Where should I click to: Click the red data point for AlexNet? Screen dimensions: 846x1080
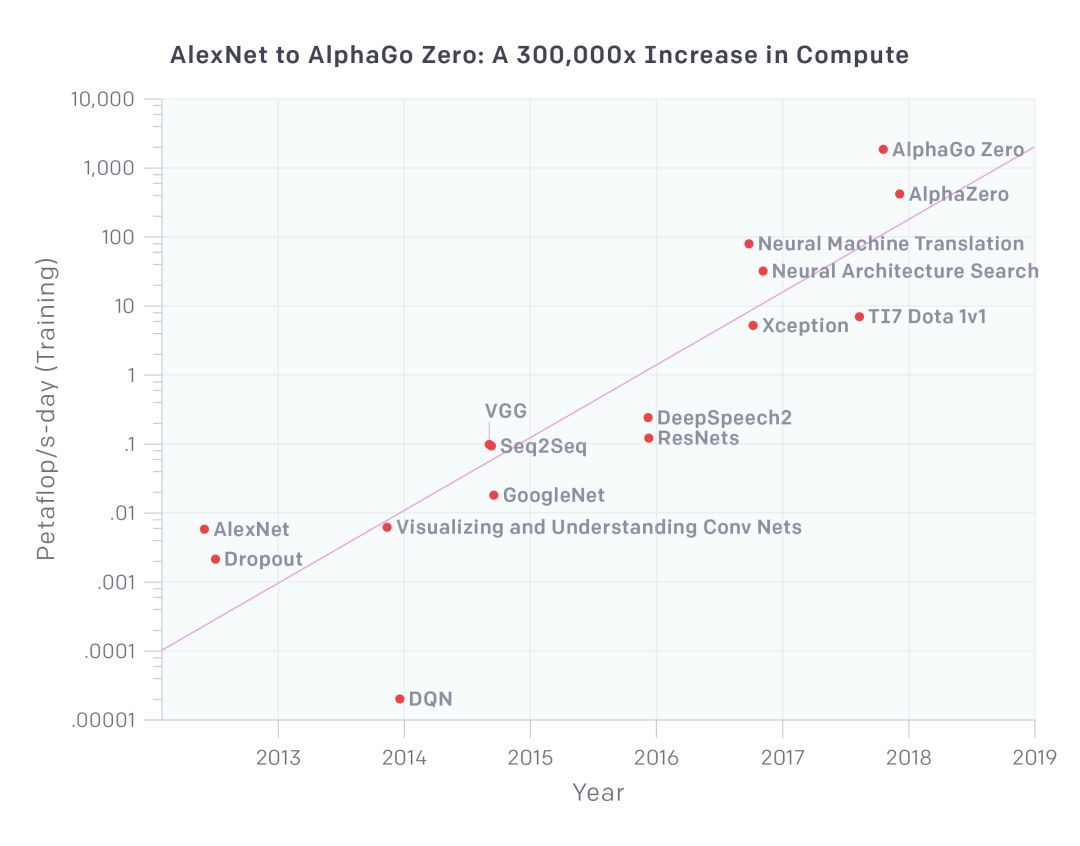[x=204, y=529]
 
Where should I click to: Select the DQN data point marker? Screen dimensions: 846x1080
[x=400, y=699]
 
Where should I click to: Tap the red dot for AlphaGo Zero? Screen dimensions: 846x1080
[x=883, y=150]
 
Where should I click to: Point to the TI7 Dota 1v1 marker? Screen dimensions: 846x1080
[x=859, y=317]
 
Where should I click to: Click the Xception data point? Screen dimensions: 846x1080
[x=753, y=325]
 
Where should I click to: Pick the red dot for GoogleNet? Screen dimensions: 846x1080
[x=494, y=495]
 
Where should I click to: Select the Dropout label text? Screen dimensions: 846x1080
[x=263, y=559]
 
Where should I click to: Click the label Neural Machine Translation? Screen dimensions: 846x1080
[x=890, y=244]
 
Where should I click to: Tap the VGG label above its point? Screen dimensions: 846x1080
[x=505, y=411]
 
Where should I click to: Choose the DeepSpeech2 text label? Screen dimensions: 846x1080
[x=724, y=418]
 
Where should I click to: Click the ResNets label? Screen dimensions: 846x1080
[x=698, y=438]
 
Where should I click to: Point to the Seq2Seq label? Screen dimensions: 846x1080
[x=543, y=446]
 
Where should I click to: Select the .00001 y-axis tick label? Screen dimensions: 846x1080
[x=102, y=720]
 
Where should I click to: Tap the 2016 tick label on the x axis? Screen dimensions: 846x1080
[x=656, y=757]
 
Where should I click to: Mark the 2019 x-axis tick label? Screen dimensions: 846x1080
[x=1034, y=757]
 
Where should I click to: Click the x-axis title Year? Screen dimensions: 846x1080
[x=598, y=793]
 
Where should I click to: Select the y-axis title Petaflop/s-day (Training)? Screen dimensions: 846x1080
[x=46, y=409]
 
